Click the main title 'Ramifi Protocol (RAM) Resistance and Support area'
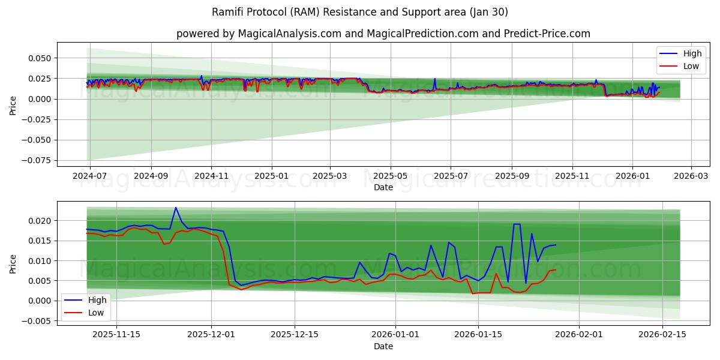tap(360, 12)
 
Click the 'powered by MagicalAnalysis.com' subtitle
tap(383, 34)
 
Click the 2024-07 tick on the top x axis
tap(90, 176)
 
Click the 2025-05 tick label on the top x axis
tap(391, 176)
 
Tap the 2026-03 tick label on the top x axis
tap(691, 176)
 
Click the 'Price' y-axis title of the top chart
tap(13, 106)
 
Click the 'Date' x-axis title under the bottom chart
tap(383, 346)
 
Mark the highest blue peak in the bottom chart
tap(176, 208)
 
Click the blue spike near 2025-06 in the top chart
tap(435, 79)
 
